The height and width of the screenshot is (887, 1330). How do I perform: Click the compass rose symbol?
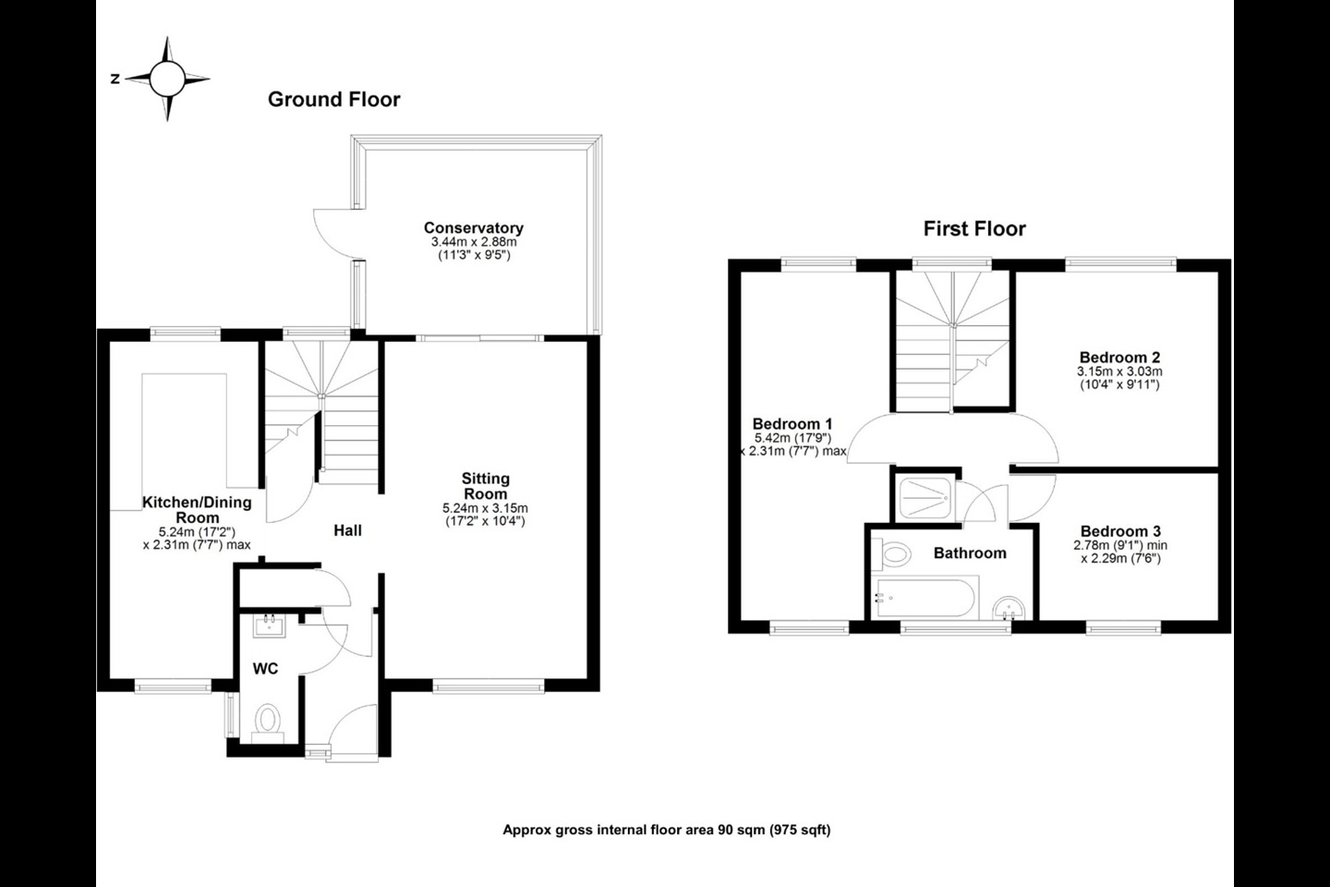click(x=167, y=79)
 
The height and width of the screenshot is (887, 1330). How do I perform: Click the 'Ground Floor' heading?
click(x=334, y=99)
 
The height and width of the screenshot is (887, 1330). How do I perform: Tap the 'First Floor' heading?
click(x=974, y=229)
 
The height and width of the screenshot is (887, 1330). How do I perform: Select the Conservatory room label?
click(x=474, y=227)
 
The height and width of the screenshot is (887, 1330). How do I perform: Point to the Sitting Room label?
click(x=486, y=486)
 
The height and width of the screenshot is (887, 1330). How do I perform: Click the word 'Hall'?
click(x=347, y=530)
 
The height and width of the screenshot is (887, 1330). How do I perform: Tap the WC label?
click(x=265, y=669)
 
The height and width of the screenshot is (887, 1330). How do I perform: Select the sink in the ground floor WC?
click(x=270, y=626)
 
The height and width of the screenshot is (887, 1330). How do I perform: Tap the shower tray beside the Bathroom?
click(x=925, y=498)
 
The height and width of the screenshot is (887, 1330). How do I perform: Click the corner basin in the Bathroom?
click(x=1009, y=608)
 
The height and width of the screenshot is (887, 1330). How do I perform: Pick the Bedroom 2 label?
click(x=1119, y=357)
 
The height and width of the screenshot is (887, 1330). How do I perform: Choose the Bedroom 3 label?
click(x=1120, y=531)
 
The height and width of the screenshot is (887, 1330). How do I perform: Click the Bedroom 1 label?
click(x=792, y=423)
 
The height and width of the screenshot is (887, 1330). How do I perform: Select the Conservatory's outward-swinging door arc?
click(x=325, y=235)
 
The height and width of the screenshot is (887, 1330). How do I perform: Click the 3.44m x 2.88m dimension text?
click(x=474, y=242)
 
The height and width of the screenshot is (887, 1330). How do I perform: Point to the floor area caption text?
click(x=666, y=830)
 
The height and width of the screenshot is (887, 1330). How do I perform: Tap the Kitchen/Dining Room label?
click(x=197, y=510)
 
